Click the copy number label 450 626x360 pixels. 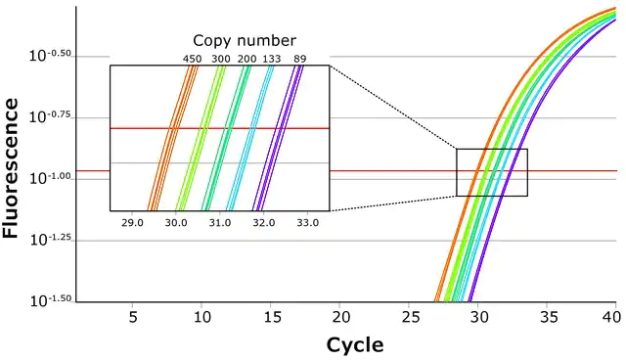click(192, 59)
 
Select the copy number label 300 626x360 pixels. click(221, 59)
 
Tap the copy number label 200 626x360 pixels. click(247, 59)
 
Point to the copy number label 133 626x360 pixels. click(272, 59)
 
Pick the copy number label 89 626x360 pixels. click(300, 59)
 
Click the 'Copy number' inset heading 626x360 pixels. click(245, 41)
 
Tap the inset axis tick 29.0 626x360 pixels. click(132, 223)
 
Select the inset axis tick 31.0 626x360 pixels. click(220, 223)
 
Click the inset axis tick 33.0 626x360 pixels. click(308, 223)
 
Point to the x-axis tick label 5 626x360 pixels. click(133, 317)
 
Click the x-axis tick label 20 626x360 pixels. click(341, 317)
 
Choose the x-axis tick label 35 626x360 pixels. click(549, 317)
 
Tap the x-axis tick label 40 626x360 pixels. click(611, 317)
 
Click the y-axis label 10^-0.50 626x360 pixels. click(50, 55)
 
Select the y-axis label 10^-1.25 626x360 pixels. click(50, 240)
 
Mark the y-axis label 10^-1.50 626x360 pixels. click(50, 300)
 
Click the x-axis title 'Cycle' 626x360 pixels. click(355, 345)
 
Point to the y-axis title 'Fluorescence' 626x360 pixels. click(11, 168)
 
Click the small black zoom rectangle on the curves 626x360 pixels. click(457, 172)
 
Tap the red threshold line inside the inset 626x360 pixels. click(219, 128)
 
